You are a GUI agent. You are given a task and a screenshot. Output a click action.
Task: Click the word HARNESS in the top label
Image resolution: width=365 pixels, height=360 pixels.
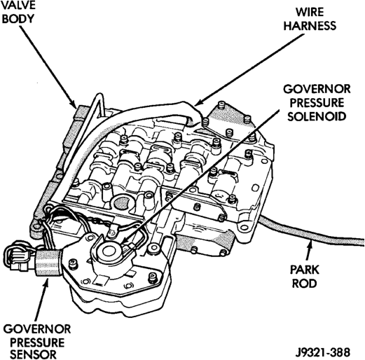click(310, 25)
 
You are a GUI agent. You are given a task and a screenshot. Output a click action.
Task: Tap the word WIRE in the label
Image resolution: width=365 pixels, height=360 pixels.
click(310, 12)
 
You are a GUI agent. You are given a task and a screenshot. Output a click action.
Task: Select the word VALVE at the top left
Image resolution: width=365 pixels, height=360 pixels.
click(18, 5)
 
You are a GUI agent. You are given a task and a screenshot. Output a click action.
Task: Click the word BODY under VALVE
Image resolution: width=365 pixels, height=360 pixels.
click(18, 19)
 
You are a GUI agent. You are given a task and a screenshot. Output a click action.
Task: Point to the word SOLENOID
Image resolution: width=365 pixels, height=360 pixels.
click(317, 116)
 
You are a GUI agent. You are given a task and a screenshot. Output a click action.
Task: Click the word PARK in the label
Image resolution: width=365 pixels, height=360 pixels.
click(305, 270)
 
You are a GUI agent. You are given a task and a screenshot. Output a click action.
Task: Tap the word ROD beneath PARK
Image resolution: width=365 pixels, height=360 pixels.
click(305, 284)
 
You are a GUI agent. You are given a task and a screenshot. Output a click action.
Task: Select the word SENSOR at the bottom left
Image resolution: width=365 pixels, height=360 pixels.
click(34, 354)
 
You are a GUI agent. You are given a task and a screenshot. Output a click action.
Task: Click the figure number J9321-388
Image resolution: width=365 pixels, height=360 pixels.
click(323, 352)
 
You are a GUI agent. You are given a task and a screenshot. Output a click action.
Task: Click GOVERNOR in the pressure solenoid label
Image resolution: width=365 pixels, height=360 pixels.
click(317, 89)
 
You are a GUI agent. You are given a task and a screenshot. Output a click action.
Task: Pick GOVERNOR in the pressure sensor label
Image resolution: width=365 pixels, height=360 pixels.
click(37, 329)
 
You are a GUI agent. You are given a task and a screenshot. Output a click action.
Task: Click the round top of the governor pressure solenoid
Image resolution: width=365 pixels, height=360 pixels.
click(108, 251)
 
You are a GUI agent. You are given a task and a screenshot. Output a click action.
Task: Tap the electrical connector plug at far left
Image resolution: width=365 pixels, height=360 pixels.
click(18, 256)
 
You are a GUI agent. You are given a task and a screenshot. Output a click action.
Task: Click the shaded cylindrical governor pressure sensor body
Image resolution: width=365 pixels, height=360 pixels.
click(48, 263)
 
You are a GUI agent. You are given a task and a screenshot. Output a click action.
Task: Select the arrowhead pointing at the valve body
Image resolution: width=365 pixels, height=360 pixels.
click(73, 104)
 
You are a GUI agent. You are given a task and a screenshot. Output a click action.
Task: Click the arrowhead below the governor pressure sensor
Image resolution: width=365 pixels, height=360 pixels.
click(46, 282)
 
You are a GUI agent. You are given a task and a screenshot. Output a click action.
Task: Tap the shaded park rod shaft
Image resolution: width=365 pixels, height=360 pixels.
click(310, 231)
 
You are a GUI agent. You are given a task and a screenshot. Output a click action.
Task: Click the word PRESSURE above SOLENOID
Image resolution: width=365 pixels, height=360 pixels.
click(317, 103)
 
